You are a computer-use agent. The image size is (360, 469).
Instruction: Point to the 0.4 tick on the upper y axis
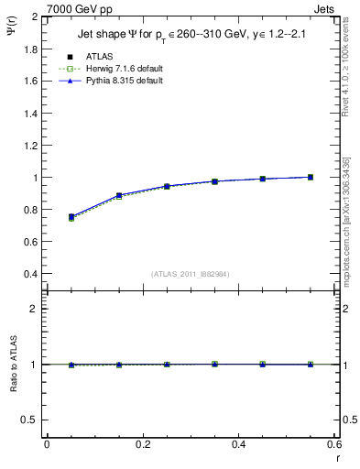click(30, 274)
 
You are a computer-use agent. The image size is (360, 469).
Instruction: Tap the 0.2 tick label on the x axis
click(142, 444)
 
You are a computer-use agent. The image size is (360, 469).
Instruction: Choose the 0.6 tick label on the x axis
click(334, 444)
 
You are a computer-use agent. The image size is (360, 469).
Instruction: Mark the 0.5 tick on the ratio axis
click(30, 420)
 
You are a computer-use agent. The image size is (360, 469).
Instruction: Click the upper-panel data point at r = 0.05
click(71, 217)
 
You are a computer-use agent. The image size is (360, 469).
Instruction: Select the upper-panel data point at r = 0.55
click(311, 177)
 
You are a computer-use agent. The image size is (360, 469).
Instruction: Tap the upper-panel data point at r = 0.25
click(167, 186)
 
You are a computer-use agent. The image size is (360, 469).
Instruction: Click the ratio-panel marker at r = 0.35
click(214, 364)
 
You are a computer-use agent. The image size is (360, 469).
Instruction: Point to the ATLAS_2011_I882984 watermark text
click(190, 274)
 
